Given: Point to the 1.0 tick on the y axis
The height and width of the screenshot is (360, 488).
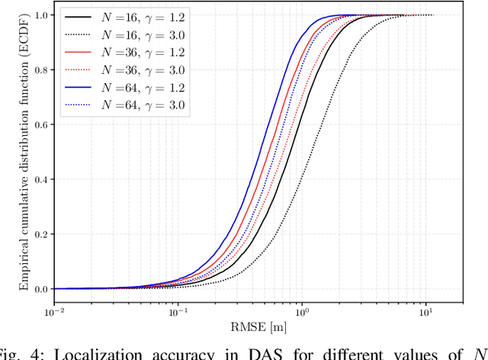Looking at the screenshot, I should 40,15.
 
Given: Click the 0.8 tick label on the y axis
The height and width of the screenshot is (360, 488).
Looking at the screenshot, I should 40,70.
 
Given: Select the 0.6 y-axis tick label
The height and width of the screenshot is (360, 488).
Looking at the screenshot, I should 40,125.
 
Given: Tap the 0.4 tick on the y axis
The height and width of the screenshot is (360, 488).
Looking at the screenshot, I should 40,180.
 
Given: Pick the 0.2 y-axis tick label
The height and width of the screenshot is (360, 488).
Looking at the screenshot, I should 40,235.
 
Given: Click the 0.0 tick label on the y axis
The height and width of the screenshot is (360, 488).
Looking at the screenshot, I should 40,290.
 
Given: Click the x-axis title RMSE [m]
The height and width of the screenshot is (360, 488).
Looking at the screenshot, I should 258,329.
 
